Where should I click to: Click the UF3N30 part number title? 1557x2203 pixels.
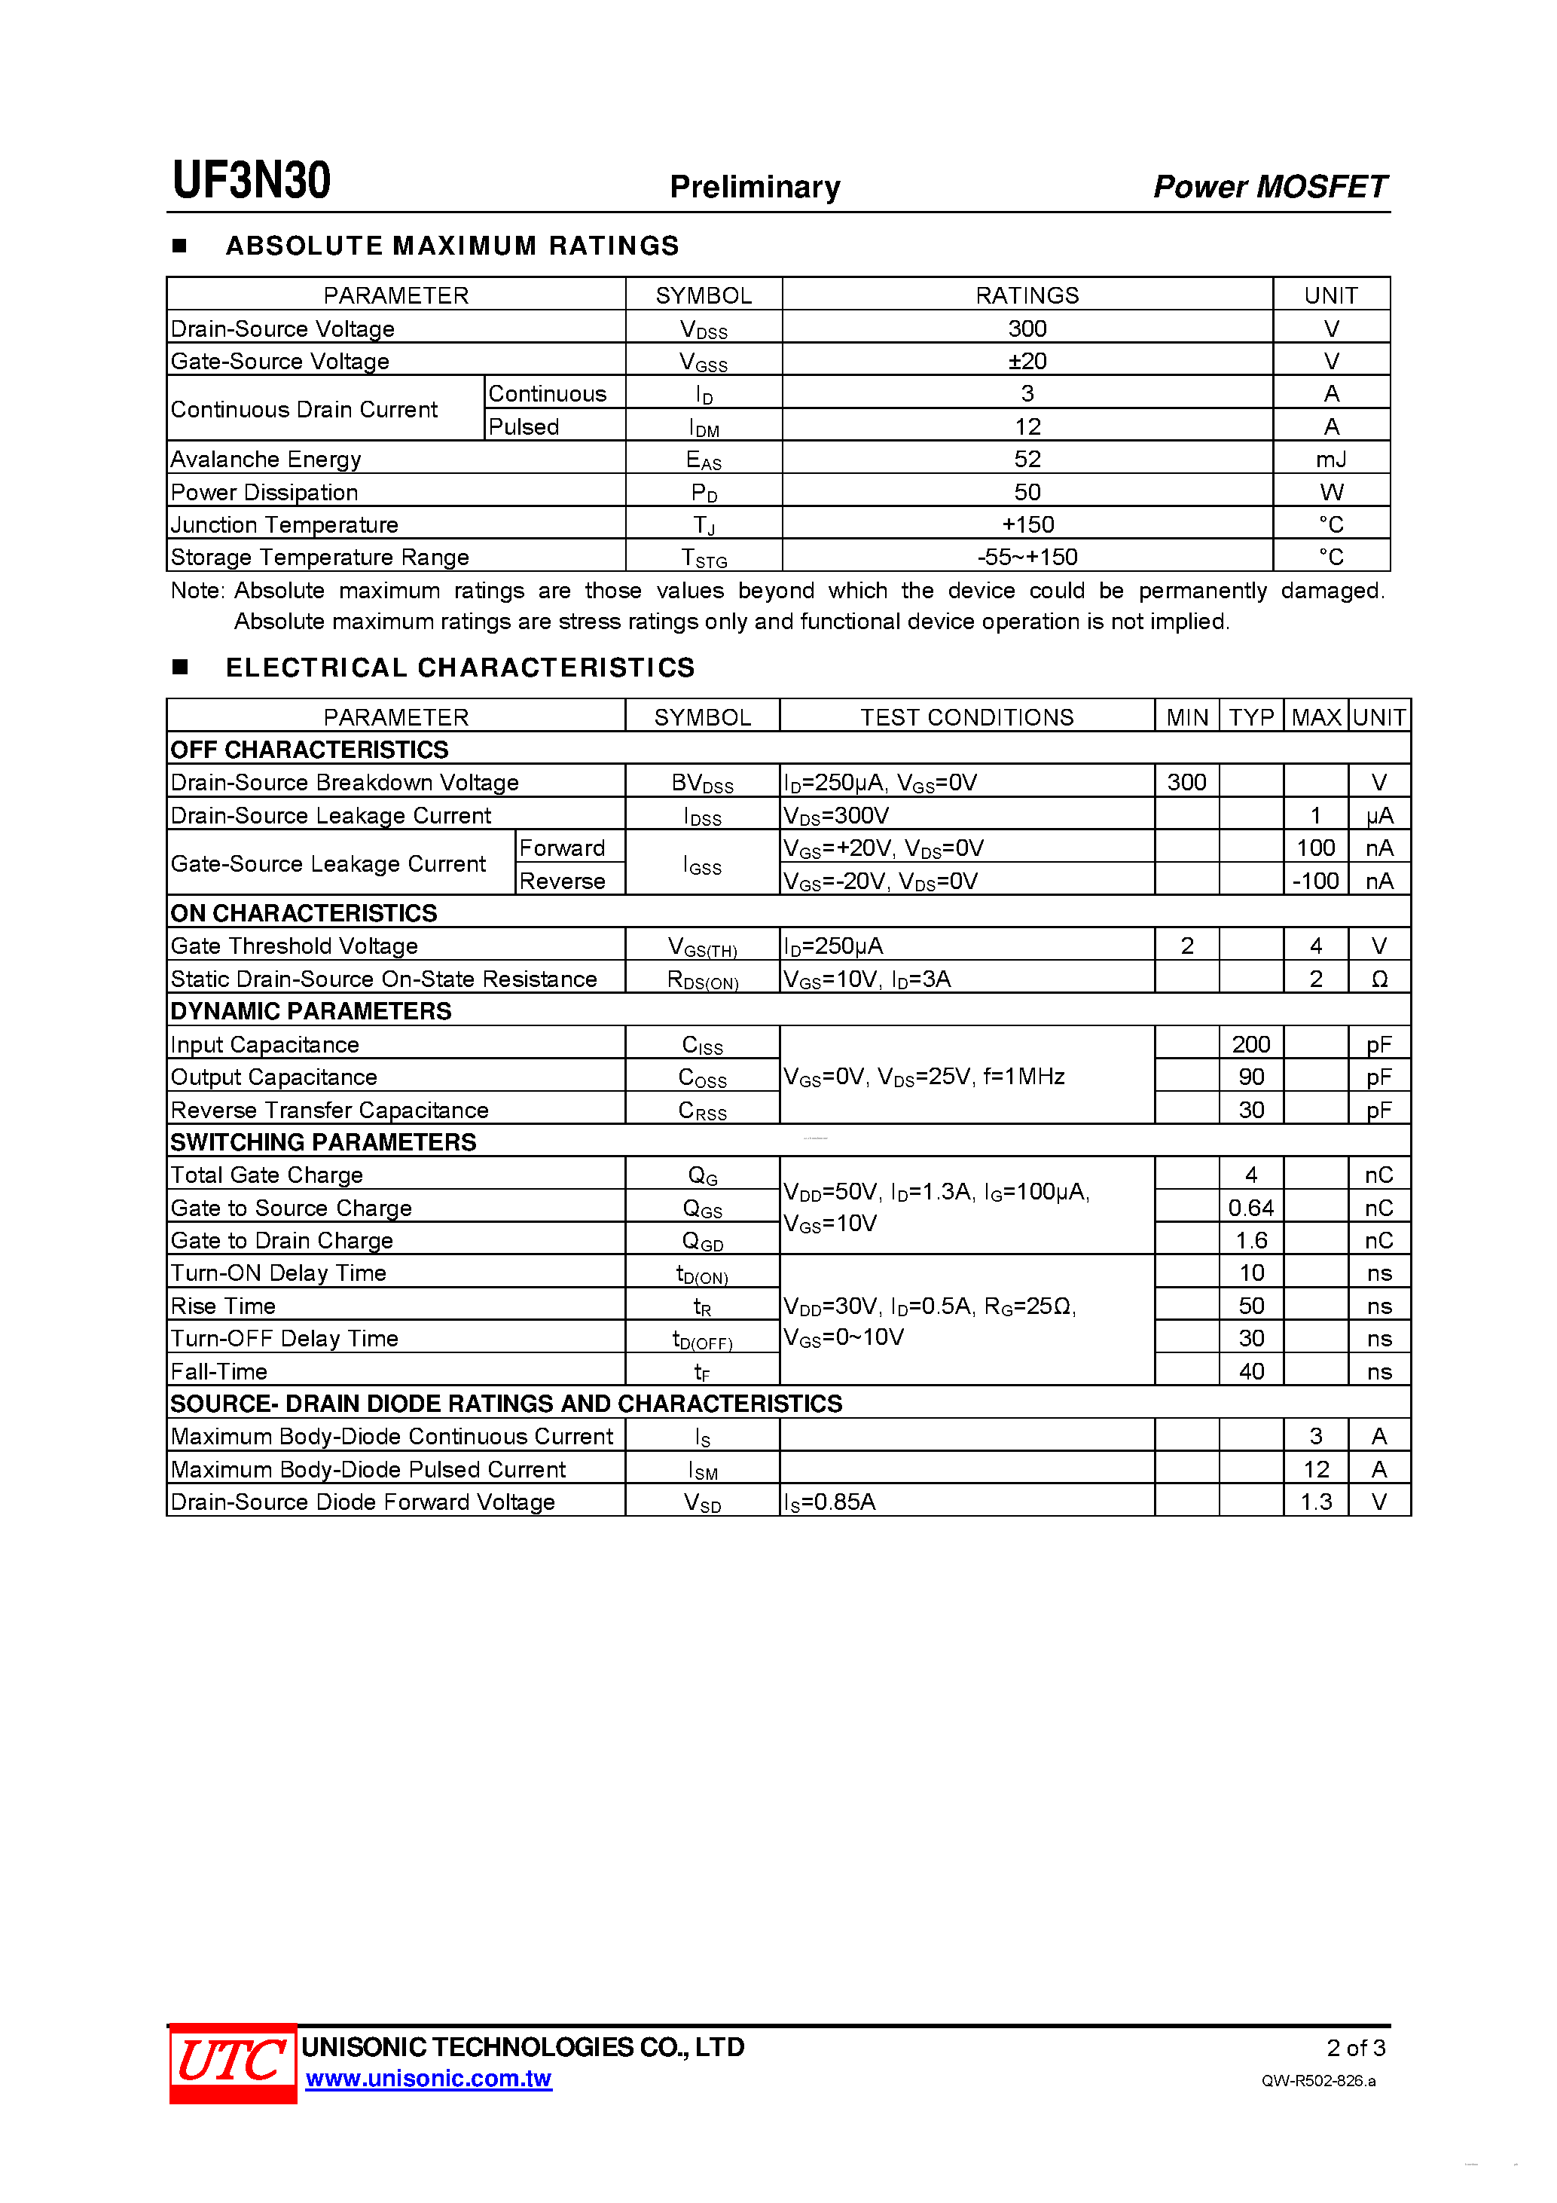(252, 180)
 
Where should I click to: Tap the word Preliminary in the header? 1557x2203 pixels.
(754, 186)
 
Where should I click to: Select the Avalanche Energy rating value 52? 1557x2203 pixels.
(1027, 459)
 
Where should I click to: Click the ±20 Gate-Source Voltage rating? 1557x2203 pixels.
(1027, 361)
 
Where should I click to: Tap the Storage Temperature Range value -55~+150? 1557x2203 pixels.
(1027, 557)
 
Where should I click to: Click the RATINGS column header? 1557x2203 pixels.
(1027, 295)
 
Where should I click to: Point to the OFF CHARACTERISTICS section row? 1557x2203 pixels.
(309, 750)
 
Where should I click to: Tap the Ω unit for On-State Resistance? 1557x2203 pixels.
(1378, 979)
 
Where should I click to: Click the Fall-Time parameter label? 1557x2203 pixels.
(218, 1371)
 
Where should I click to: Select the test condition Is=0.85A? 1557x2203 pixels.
(829, 1502)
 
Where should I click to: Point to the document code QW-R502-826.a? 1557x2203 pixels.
(1318, 2080)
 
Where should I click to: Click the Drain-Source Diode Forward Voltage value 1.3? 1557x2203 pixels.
(1315, 1502)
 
